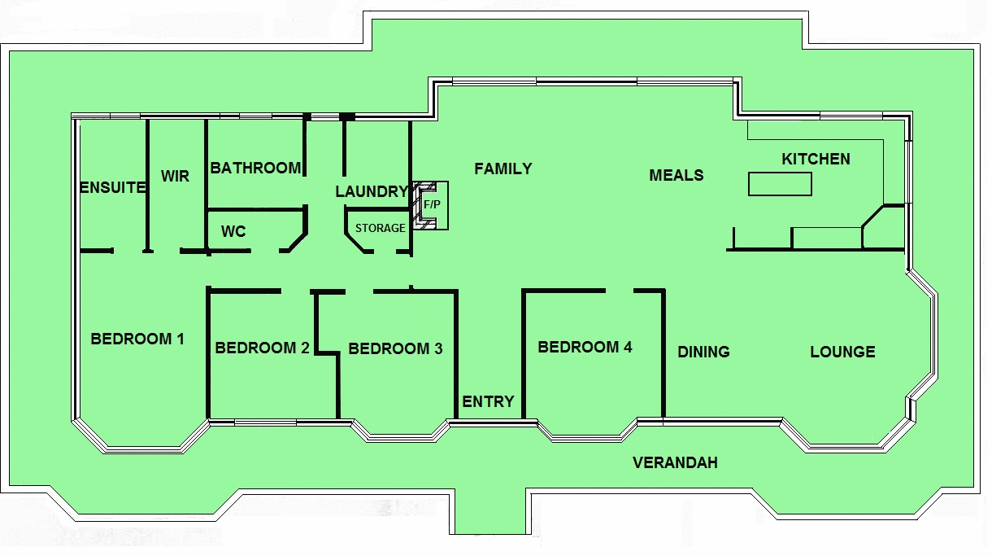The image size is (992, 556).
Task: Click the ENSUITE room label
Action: [x=112, y=187]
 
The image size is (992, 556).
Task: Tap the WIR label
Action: [x=175, y=176]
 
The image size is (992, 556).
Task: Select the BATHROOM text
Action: [x=255, y=168]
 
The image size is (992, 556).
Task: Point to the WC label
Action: [x=233, y=232]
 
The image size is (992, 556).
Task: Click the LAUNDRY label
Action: [x=371, y=192]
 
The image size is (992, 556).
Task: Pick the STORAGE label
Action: [x=380, y=228]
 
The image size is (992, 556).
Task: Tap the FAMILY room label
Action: [x=503, y=169]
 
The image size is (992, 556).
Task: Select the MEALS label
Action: [x=676, y=175]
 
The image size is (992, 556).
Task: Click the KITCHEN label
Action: [x=816, y=159]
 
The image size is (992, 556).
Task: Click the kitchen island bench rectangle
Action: [x=780, y=184]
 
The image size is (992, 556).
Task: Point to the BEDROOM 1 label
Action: [x=137, y=339]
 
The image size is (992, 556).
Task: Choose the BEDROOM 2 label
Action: [x=262, y=348]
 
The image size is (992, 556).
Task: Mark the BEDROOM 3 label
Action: [x=395, y=349]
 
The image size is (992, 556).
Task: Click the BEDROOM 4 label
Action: [x=585, y=348]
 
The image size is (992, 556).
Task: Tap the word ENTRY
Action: [x=488, y=401]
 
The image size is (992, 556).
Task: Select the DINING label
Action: [x=703, y=352]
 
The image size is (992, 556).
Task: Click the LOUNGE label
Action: [x=842, y=352]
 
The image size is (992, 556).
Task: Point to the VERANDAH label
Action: [x=675, y=462]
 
